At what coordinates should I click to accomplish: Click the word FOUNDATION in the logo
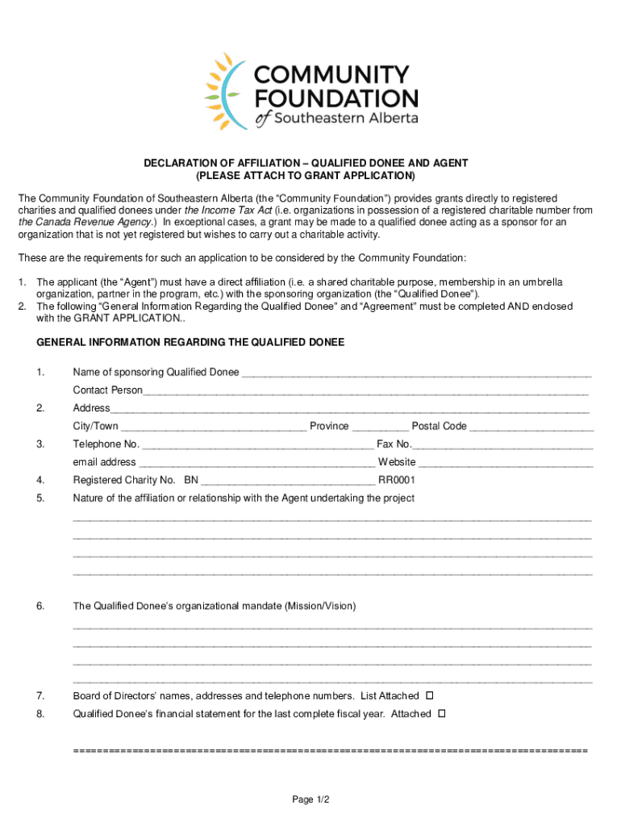coord(336,98)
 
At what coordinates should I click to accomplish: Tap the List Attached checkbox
coord(429,695)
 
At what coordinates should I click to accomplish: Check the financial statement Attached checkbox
coord(441,714)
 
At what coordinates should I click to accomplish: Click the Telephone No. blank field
coord(257,445)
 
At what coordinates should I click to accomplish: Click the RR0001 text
coord(397,481)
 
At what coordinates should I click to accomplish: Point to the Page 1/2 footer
coord(310,799)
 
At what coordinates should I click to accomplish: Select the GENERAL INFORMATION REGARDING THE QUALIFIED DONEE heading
coord(190,343)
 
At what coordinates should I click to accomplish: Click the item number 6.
coord(40,606)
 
